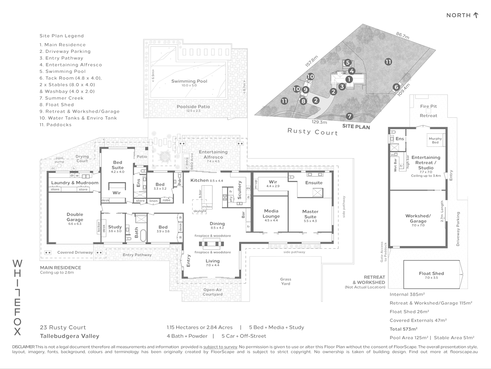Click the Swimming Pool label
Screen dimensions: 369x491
click(x=189, y=81)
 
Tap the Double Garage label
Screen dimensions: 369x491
click(x=75, y=217)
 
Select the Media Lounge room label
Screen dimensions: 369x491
click(x=271, y=214)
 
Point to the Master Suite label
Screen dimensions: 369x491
click(x=310, y=214)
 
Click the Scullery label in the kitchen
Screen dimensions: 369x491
click(x=240, y=190)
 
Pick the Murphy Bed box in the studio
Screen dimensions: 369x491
click(x=435, y=140)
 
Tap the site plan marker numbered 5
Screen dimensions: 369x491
click(x=347, y=63)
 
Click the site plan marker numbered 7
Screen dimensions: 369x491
click(x=349, y=116)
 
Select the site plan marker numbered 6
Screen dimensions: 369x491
click(x=396, y=87)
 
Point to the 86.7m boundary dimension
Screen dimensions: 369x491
click(x=403, y=36)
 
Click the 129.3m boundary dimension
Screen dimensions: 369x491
click(x=319, y=122)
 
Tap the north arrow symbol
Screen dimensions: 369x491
click(x=476, y=15)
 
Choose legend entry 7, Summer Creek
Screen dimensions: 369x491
click(x=61, y=98)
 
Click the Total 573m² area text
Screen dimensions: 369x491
click(x=403, y=329)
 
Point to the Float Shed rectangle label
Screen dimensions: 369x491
click(x=431, y=273)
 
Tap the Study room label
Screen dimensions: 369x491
click(x=115, y=227)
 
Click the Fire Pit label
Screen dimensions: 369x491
click(x=428, y=106)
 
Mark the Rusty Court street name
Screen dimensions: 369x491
click(x=313, y=132)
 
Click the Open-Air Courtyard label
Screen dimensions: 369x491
click(x=212, y=292)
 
